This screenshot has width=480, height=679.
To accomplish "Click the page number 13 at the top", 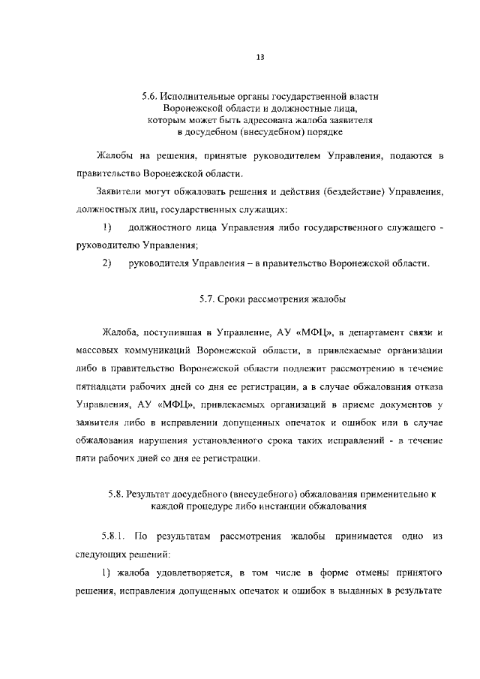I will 259,56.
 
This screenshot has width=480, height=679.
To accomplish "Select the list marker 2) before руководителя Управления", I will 106,263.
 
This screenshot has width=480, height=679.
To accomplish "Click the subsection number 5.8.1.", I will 114,538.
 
